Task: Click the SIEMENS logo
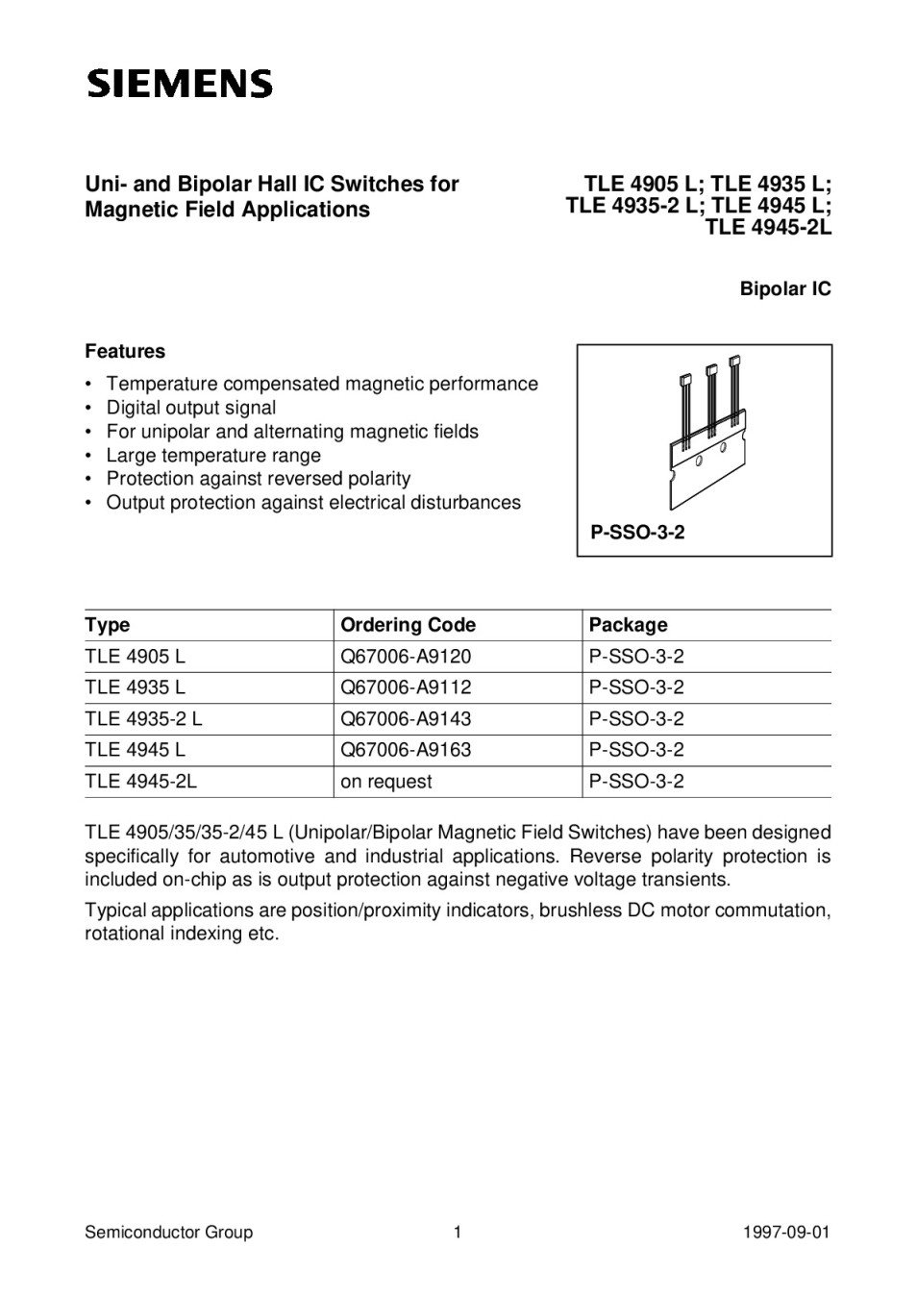point(180,84)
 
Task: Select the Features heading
point(125,351)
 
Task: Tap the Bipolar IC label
point(784,288)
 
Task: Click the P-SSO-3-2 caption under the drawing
point(637,532)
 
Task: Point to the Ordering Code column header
point(408,625)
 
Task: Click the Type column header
point(108,625)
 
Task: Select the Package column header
point(628,625)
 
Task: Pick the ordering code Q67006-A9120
point(406,657)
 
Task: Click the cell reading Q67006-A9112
point(406,687)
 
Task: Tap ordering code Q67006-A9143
point(406,719)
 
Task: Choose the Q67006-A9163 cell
point(406,750)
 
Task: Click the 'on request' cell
point(386,782)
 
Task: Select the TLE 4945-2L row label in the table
point(140,782)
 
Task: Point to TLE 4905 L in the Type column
point(135,657)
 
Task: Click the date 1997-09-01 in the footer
point(785,1233)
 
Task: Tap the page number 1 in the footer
point(458,1233)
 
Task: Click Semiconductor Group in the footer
point(168,1233)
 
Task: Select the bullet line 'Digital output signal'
point(190,408)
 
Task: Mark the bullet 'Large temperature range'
point(213,455)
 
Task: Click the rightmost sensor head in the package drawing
point(735,362)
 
